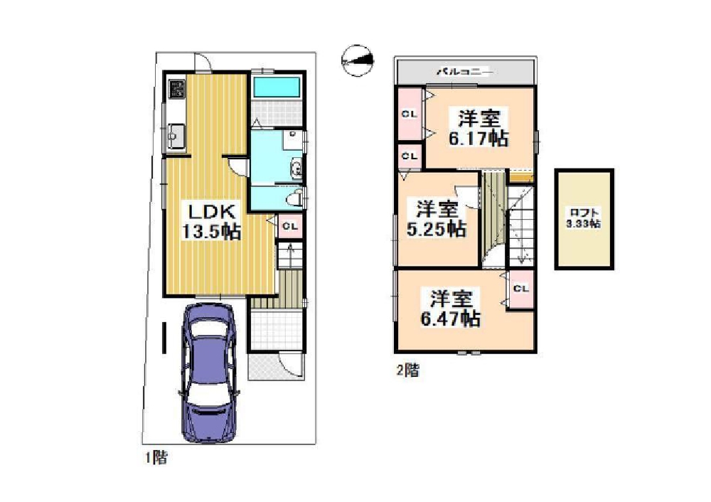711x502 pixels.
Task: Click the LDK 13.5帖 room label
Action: coord(211,222)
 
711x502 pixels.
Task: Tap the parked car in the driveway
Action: coord(209,372)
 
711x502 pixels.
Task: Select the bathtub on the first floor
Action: coord(277,87)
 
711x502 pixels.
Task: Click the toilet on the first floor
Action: coord(295,197)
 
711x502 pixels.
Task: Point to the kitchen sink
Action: coord(176,134)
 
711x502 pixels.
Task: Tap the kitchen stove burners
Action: coord(176,89)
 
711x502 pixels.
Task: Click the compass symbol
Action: coord(358,60)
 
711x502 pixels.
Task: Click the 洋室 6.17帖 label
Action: coord(479,127)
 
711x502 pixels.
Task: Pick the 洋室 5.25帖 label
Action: coord(437,218)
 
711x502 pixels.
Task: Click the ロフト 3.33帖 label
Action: coord(584,218)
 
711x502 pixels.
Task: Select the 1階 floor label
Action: coord(156,457)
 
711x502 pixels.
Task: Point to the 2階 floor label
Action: coord(408,370)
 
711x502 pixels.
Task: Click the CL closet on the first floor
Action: coord(290,226)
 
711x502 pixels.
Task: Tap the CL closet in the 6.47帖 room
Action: coord(520,289)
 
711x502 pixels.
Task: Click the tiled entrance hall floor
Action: coord(276,330)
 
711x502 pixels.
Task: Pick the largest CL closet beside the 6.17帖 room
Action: coord(410,114)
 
